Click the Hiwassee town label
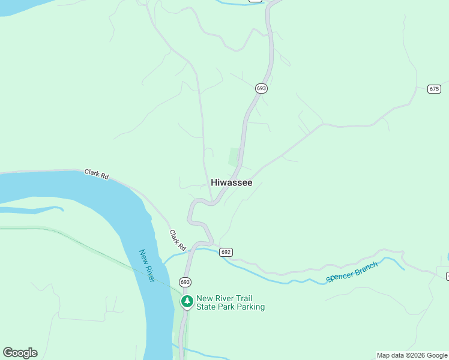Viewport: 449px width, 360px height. point(231,182)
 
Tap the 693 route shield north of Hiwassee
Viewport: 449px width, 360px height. point(261,88)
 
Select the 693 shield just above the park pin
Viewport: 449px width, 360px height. point(185,281)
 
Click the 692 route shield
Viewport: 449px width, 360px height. point(225,252)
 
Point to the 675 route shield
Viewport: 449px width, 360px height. point(435,89)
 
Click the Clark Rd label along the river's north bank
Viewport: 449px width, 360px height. point(97,174)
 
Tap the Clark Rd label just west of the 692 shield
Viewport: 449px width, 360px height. point(178,240)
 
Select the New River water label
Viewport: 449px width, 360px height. point(146,266)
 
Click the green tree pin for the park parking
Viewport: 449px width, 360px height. point(187,301)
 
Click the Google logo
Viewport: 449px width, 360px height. point(20,353)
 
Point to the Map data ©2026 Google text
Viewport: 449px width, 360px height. point(412,355)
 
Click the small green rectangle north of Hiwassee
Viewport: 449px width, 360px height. point(235,157)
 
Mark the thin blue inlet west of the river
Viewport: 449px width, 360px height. point(36,209)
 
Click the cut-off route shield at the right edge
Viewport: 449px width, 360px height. point(447,275)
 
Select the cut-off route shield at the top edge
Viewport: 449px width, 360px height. point(255,1)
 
